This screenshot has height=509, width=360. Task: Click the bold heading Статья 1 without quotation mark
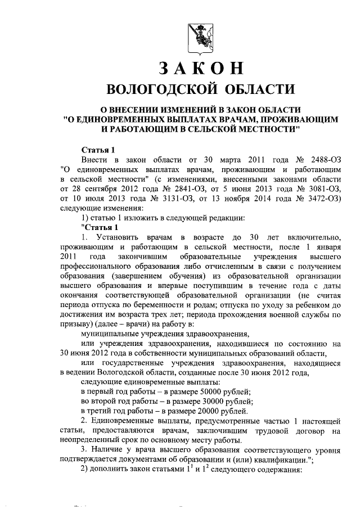tap(99, 150)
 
